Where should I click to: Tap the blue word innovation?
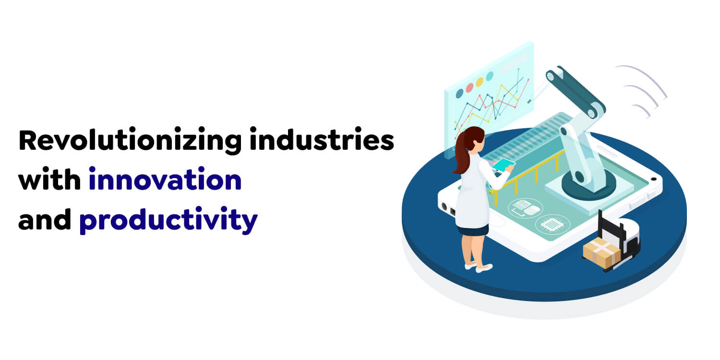coord(165,180)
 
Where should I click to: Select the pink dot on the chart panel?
coord(469,88)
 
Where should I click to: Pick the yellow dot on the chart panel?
coord(480,82)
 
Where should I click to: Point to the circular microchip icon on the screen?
coord(552,223)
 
